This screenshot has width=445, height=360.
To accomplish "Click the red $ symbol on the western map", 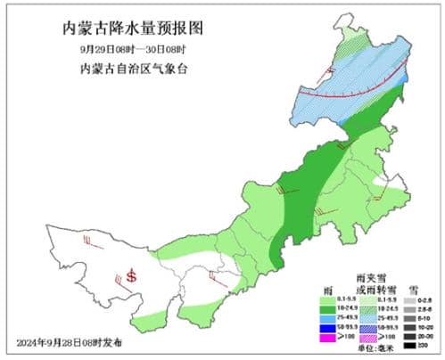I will pyautogui.click(x=132, y=276).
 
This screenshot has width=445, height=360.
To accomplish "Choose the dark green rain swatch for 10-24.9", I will pyautogui.click(x=324, y=311).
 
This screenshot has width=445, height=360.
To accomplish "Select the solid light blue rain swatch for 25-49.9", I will pyautogui.click(x=324, y=320).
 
